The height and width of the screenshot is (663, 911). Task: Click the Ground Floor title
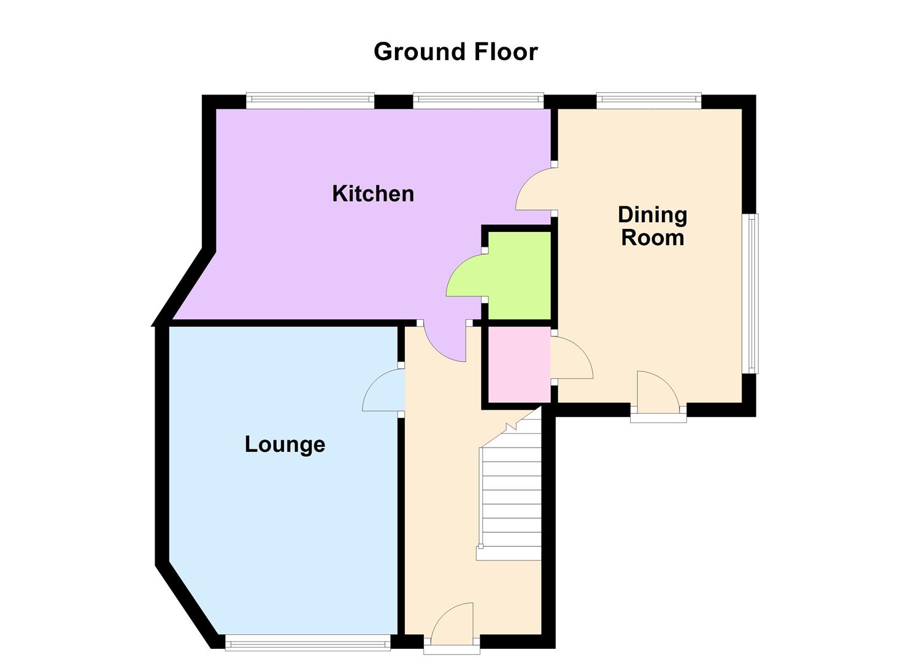(455, 52)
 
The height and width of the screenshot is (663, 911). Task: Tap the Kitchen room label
(373, 193)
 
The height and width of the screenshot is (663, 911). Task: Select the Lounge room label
(285, 444)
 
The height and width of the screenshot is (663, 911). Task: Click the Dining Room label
(652, 226)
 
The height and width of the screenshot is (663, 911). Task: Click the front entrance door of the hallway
(453, 626)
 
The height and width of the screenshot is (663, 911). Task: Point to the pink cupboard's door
(572, 359)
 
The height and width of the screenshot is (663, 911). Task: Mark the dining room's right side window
(750, 293)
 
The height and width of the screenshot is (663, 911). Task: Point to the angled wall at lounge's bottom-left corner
(187, 605)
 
